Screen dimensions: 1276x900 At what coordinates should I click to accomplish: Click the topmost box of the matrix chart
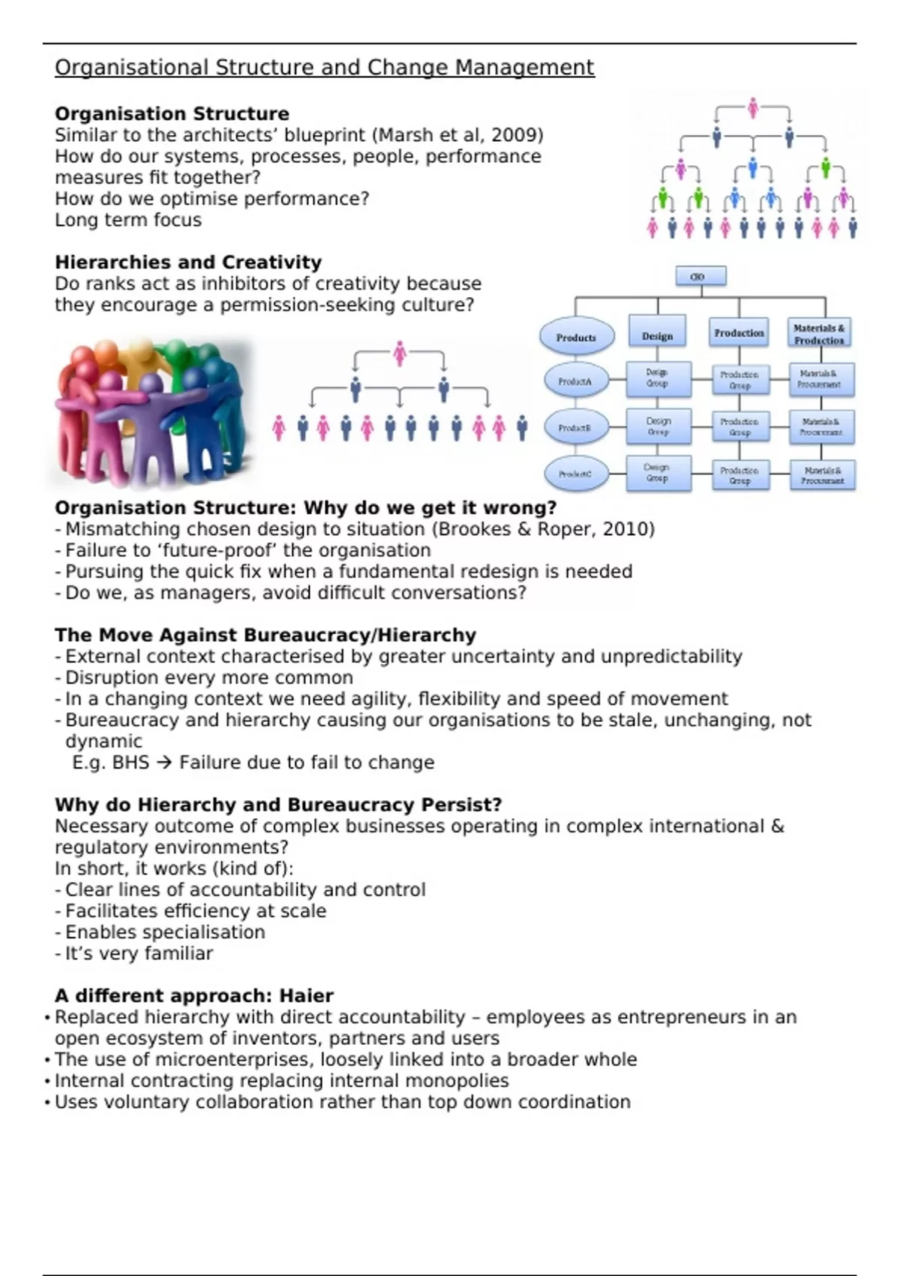(x=700, y=276)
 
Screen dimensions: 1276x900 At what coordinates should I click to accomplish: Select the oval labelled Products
(x=577, y=337)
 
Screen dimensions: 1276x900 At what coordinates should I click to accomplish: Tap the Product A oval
(x=575, y=381)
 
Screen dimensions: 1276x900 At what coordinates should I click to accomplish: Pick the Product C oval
(x=575, y=474)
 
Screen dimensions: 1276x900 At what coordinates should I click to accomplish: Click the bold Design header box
(x=658, y=336)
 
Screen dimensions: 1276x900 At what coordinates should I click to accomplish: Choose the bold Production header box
(x=739, y=333)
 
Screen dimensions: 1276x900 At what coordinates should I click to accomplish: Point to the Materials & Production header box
(x=819, y=334)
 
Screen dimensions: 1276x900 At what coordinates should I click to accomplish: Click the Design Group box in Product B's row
(x=658, y=427)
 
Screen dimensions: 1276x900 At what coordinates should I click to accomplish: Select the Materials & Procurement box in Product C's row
(x=822, y=475)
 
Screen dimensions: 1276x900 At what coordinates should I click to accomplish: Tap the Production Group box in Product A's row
(x=739, y=380)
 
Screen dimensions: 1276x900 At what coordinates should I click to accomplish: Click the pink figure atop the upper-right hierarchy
(x=752, y=109)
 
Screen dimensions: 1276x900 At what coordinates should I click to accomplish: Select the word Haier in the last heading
(x=306, y=996)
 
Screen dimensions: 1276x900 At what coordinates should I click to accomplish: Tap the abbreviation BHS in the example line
(x=130, y=763)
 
